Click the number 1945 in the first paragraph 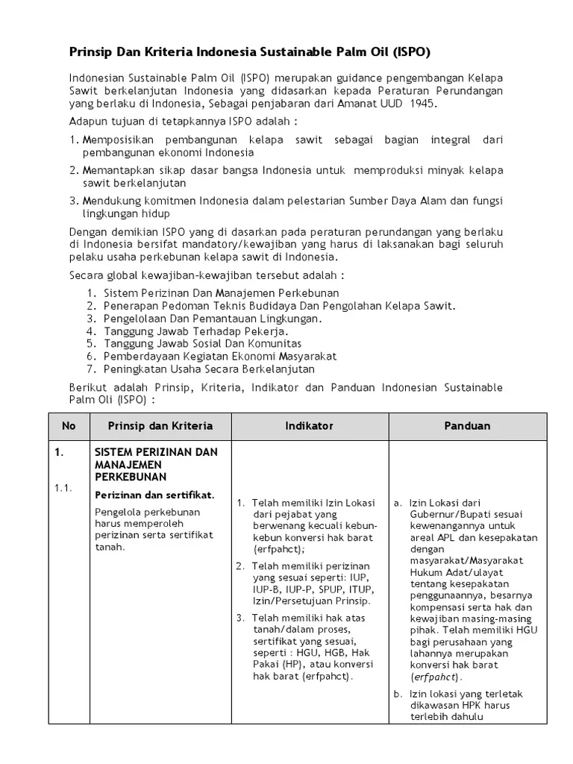coord(422,103)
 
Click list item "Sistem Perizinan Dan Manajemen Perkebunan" coord(221,292)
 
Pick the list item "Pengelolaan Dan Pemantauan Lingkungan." coord(213,318)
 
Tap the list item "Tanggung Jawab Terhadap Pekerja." coord(196,331)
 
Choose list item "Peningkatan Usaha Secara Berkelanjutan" coord(209,369)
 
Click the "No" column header coord(69,426)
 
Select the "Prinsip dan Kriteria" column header coord(160,426)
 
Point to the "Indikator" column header coord(309,426)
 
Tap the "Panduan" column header coord(467,426)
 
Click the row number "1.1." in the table coord(62,488)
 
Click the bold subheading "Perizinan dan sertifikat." coord(154,495)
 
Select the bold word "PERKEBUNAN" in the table coord(131,477)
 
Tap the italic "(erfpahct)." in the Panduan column coord(436,677)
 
